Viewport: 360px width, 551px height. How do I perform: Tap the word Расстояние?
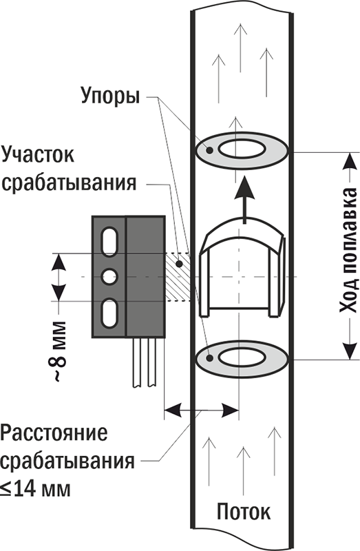54,435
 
